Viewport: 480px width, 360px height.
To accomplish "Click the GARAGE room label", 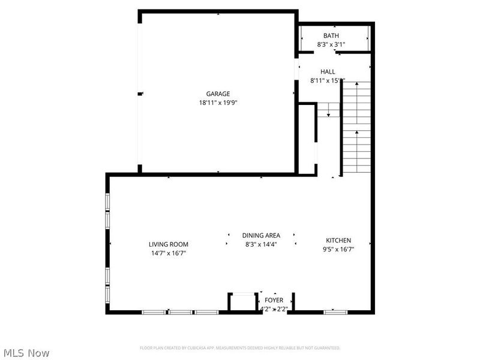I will (218, 94).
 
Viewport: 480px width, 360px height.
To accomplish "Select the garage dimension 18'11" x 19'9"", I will (218, 103).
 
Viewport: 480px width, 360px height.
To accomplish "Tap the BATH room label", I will (331, 36).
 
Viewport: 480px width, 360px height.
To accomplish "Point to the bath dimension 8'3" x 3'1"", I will (331, 44).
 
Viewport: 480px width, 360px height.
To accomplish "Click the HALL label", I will (328, 71).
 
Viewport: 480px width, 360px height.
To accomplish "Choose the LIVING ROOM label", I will (169, 244).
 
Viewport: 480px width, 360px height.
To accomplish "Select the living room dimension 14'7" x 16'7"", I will (169, 253).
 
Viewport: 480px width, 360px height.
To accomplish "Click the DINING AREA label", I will (261, 236).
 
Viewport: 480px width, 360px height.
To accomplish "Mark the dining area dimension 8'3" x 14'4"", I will (261, 244).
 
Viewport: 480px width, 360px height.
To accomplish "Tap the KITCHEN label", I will (338, 241).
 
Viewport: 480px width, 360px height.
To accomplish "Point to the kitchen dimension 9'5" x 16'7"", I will (338, 249).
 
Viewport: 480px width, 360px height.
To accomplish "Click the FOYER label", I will (274, 300).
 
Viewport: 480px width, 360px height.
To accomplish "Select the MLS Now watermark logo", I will (26, 353).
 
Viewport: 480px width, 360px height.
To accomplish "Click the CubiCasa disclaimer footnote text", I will (240, 347).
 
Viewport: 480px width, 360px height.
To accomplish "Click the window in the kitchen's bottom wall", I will (335, 312).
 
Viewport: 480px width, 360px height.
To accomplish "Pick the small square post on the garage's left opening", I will (140, 94).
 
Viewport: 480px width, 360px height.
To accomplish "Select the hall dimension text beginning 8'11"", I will (327, 80).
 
